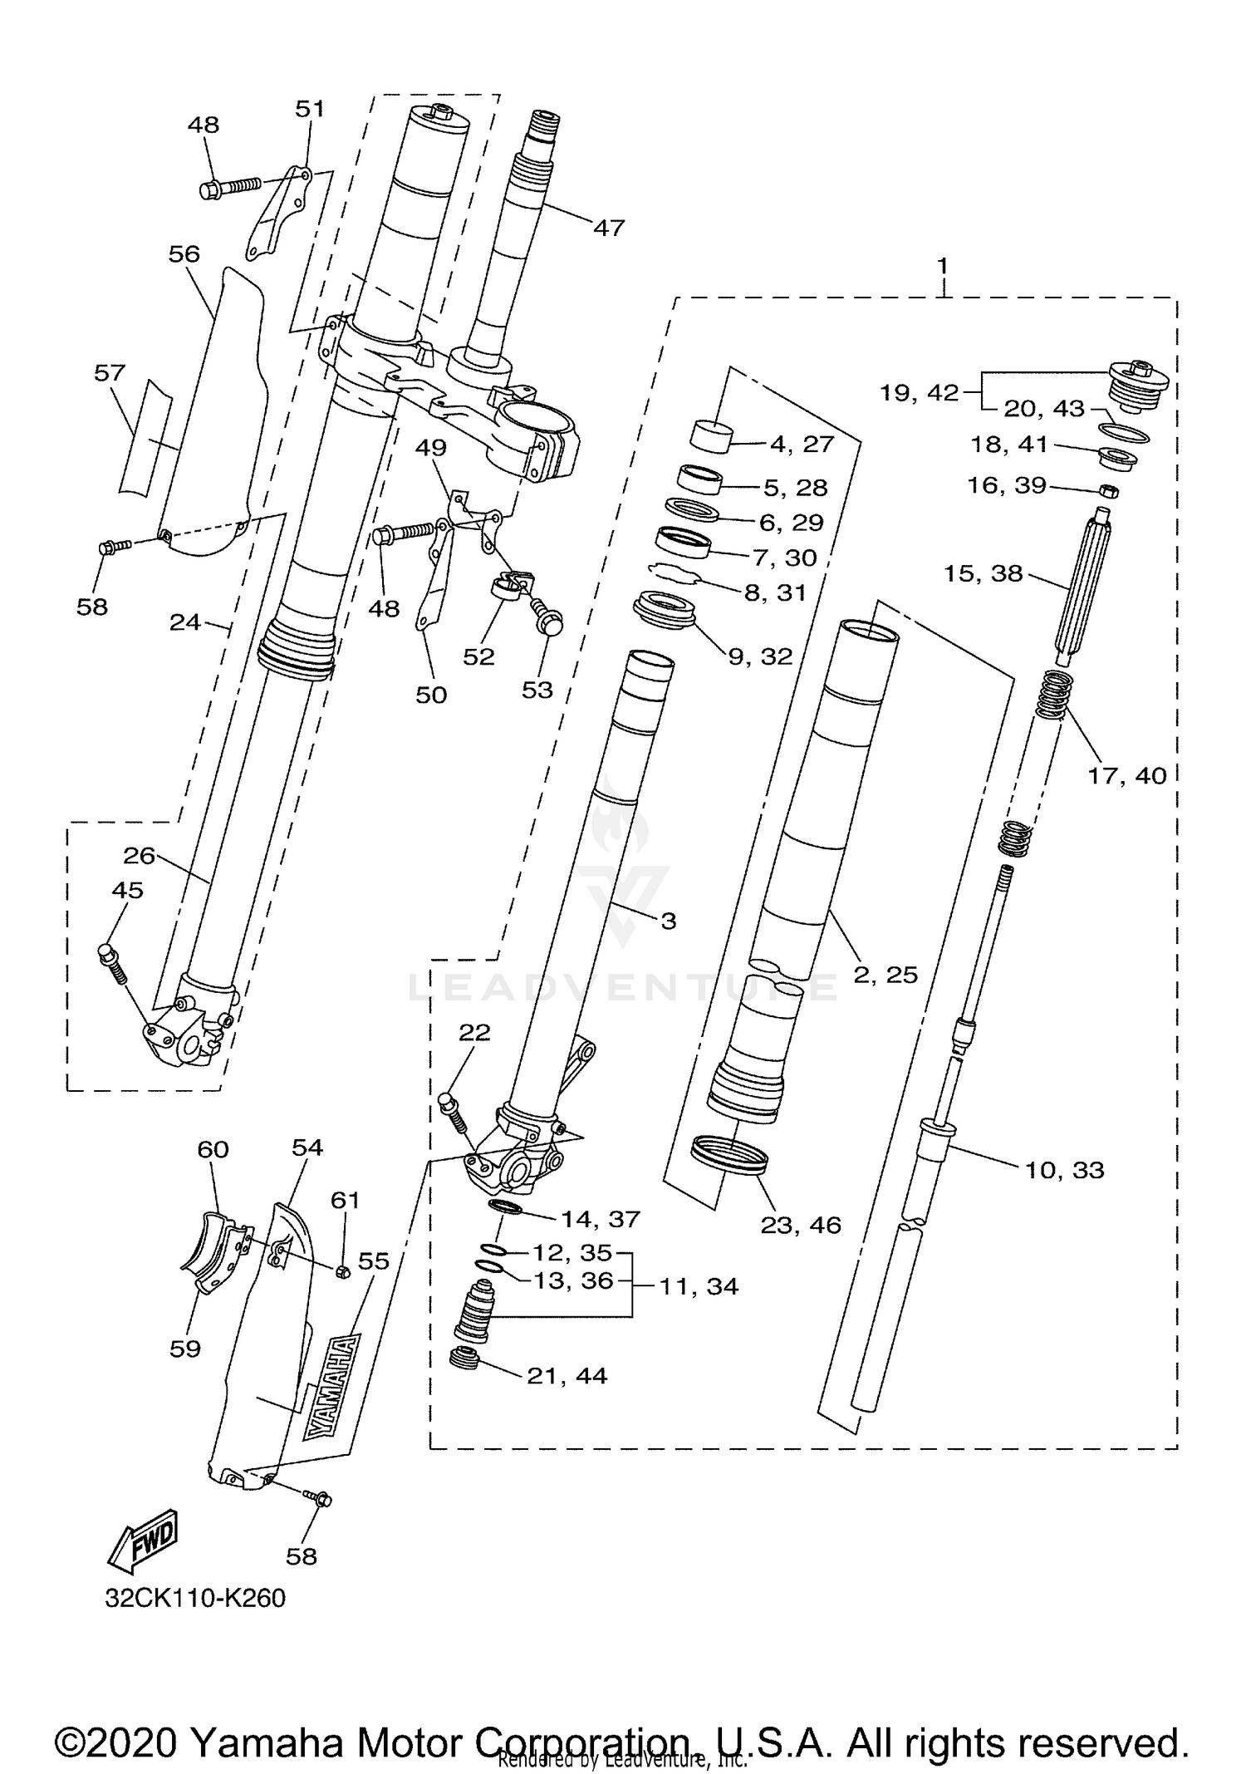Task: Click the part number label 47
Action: (609, 227)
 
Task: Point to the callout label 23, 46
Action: (801, 1224)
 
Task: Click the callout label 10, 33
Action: (1064, 1170)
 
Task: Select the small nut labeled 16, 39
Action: (1108, 490)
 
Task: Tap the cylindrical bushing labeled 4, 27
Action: (713, 435)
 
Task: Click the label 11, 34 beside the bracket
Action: (699, 1286)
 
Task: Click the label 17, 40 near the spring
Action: (1127, 775)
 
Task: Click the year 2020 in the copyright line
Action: (140, 1719)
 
